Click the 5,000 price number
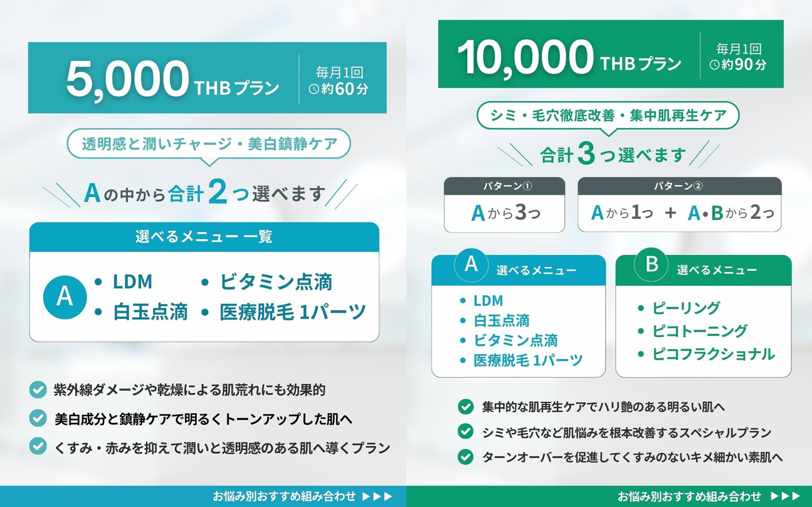click(127, 78)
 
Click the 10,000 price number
click(525, 56)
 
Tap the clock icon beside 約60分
click(314, 89)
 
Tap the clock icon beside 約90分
click(714, 65)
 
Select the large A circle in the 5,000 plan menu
click(65, 296)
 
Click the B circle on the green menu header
click(651, 264)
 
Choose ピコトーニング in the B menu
click(700, 331)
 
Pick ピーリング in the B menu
click(686, 308)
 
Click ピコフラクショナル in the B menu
click(713, 354)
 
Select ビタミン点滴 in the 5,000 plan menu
click(275, 282)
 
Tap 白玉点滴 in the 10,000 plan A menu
click(502, 321)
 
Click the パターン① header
click(504, 186)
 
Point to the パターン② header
click(680, 186)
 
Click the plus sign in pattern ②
click(671, 213)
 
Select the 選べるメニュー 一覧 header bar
click(204, 237)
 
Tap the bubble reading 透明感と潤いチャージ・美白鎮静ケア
click(209, 144)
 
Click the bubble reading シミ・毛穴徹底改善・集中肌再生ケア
click(608, 115)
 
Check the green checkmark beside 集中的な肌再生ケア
click(465, 407)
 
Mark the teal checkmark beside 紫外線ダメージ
click(38, 390)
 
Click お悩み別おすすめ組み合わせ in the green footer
click(689, 496)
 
